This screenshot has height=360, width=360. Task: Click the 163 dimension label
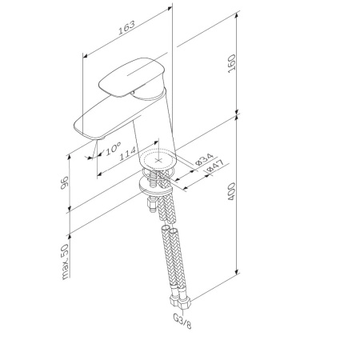coord(126,30)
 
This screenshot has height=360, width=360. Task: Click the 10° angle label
coord(112,147)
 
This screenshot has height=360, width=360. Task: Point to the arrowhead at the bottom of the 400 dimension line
coord(238,272)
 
